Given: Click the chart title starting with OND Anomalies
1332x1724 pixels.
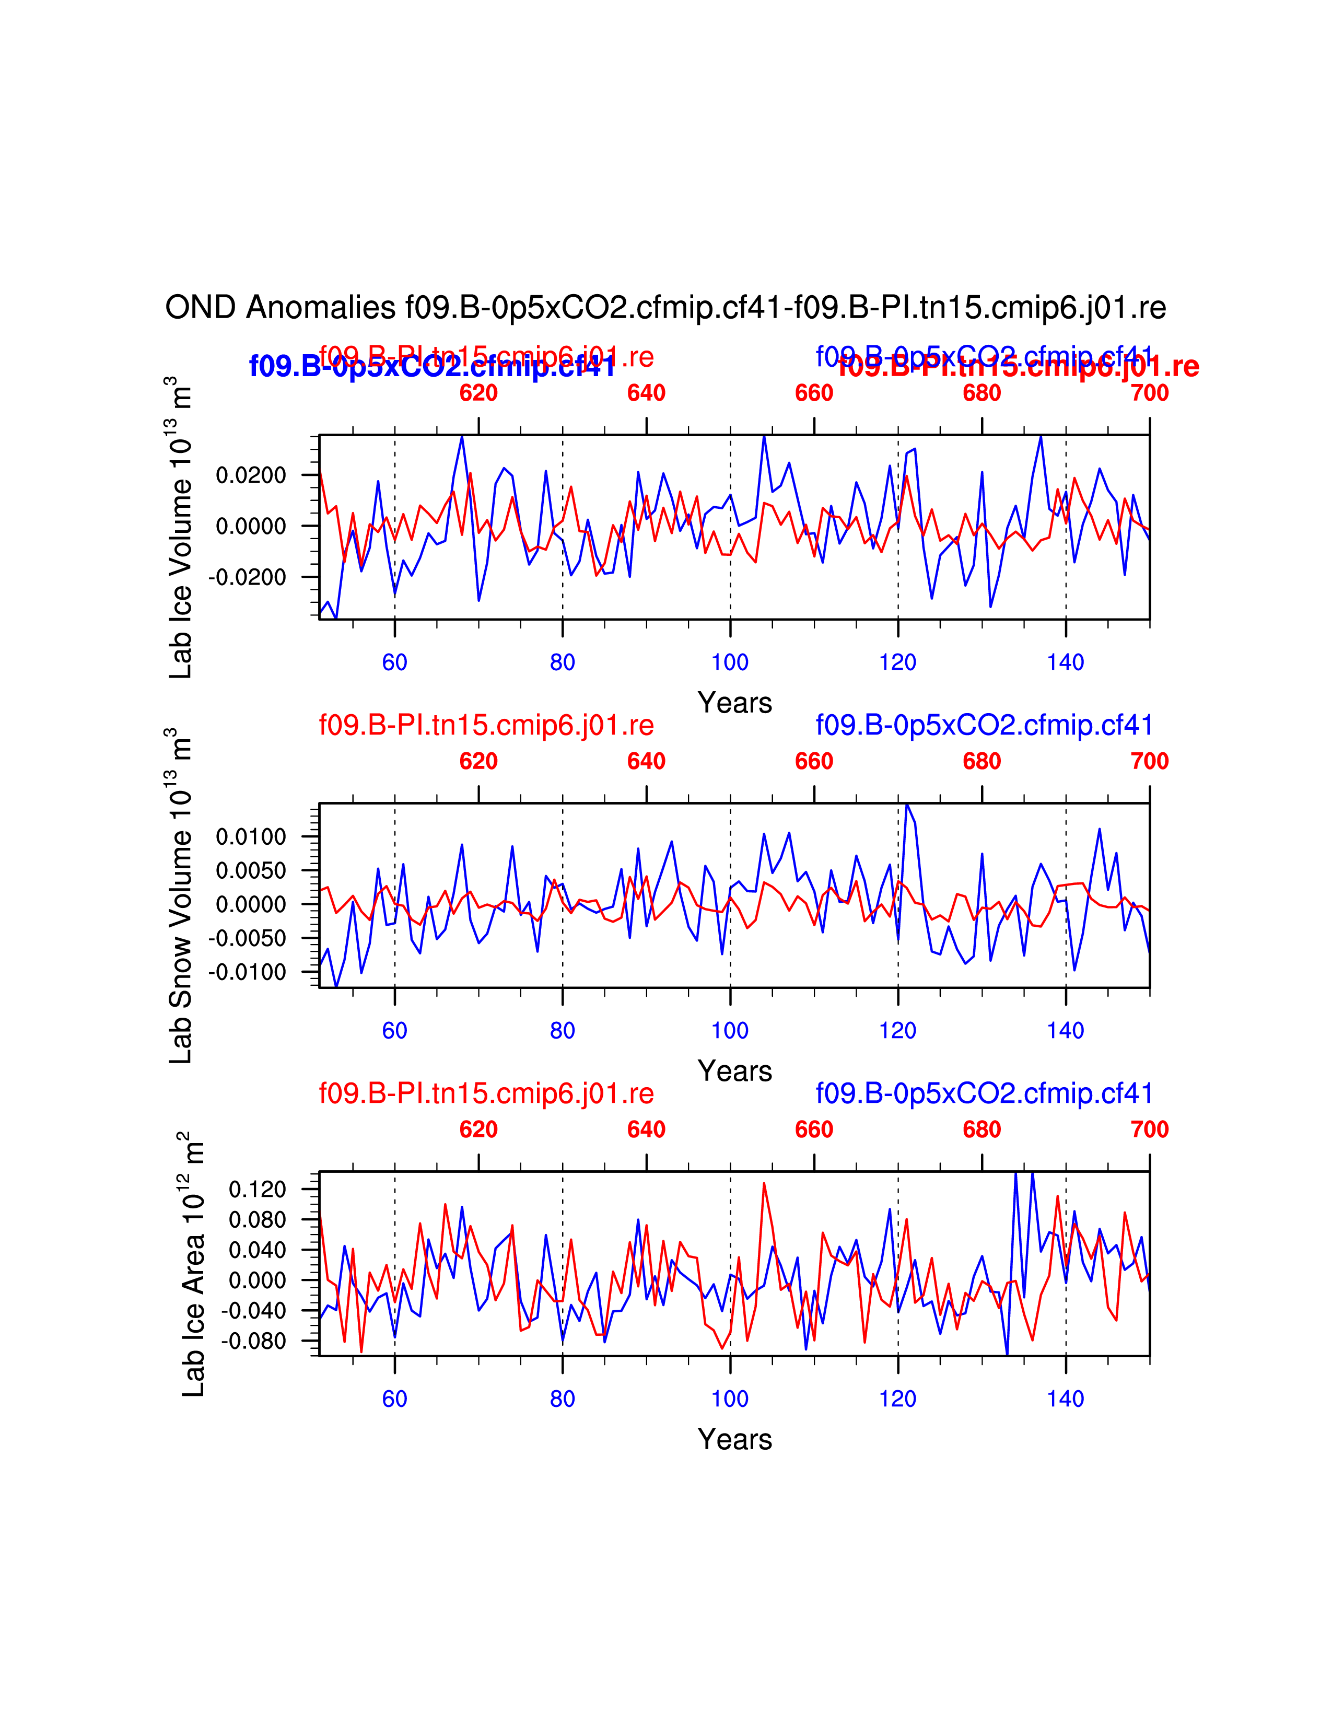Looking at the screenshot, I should (665, 308).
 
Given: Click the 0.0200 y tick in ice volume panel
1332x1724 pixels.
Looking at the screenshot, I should (251, 475).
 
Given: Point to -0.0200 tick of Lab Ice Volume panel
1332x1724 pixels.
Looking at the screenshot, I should (248, 577).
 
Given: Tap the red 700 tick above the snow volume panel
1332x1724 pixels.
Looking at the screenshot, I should (1149, 761).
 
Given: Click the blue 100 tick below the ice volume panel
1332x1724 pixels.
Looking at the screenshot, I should (730, 662).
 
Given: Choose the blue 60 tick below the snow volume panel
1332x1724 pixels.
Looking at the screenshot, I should (394, 1030).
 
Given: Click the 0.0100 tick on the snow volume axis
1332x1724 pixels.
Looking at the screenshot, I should (251, 837).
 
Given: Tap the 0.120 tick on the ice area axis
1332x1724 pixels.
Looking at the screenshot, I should (257, 1190).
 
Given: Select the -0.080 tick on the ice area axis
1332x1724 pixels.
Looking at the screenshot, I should (254, 1341).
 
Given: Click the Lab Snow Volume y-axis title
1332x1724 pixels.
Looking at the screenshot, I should (181, 896).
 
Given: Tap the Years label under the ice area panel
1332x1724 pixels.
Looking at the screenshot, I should (734, 1439).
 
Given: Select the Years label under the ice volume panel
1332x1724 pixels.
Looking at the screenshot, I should (734, 703).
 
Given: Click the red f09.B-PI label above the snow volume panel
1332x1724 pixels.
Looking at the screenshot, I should (486, 725).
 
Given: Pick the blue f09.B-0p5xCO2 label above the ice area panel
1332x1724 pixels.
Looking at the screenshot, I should (984, 1093).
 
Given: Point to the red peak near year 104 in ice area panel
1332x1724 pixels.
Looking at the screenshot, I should (764, 1183).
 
